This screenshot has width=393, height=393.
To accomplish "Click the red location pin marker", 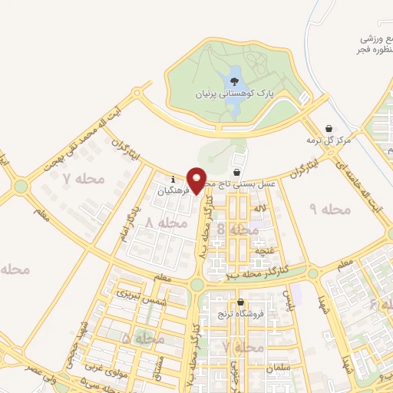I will pyautogui.click(x=197, y=180).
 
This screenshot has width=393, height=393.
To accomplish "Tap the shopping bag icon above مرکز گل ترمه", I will pyautogui.click(x=329, y=128).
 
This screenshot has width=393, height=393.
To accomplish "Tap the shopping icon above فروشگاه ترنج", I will pyautogui.click(x=241, y=302).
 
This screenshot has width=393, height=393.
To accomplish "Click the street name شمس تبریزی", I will pyautogui.click(x=135, y=294).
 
